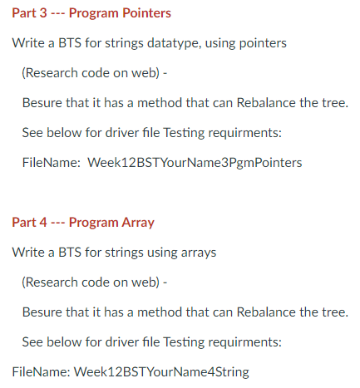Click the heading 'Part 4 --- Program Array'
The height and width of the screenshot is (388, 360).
(x=83, y=222)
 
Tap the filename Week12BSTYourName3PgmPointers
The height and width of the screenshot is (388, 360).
(x=194, y=162)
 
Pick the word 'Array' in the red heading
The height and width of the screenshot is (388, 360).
(x=137, y=222)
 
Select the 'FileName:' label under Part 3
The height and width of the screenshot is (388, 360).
(x=49, y=162)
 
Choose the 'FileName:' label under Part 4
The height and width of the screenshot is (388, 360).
(x=40, y=371)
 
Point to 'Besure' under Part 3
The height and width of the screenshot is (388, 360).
(x=42, y=103)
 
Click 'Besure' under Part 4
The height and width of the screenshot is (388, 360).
(x=42, y=312)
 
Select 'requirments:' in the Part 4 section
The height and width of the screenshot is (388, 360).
(x=247, y=341)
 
